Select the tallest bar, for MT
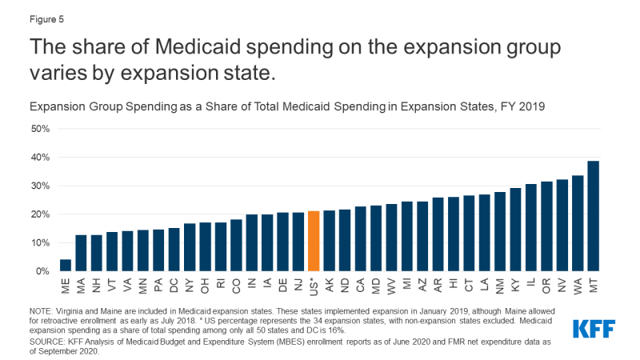point(593,216)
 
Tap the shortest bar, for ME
point(66,266)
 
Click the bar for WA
point(578,223)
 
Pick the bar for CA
point(360,239)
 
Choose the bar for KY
point(515,230)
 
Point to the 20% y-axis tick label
point(39,214)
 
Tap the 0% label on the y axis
point(42,272)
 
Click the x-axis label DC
point(174,284)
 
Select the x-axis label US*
point(314,286)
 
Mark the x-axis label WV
point(391,285)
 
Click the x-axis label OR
point(546,284)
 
